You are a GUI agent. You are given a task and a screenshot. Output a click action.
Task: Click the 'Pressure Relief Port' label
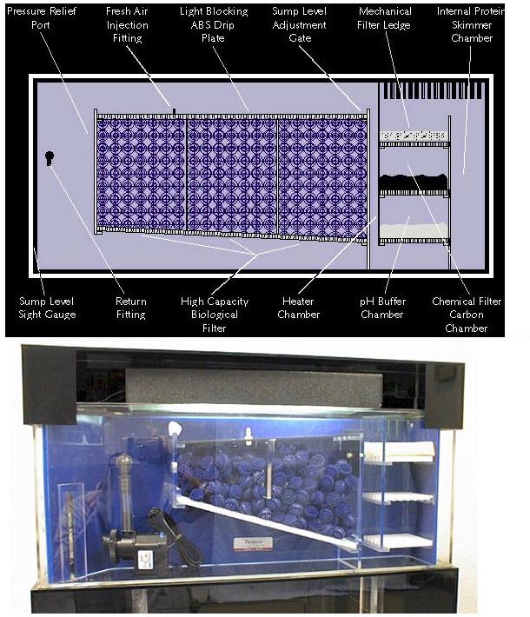click(x=42, y=18)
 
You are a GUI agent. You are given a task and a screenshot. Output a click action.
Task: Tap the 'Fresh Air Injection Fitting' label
click(x=127, y=25)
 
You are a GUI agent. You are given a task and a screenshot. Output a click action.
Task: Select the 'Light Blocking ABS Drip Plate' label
click(x=214, y=25)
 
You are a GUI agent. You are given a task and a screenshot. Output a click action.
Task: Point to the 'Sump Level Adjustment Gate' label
click(x=300, y=25)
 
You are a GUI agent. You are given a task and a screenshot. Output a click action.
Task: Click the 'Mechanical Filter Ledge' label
click(x=384, y=18)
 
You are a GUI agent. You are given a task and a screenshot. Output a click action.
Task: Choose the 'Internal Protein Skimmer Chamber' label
click(x=471, y=25)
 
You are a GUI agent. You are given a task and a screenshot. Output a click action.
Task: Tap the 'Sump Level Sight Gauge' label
click(x=47, y=308)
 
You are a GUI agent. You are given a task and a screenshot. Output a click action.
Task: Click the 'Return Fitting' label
click(x=131, y=308)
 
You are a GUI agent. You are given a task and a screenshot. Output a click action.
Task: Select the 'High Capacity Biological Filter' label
click(x=215, y=315)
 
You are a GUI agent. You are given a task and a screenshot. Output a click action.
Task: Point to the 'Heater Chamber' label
click(x=298, y=308)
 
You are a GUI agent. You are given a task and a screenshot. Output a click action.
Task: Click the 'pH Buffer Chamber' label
click(x=382, y=308)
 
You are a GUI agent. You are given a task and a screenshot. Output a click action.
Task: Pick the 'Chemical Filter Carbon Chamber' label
click(x=467, y=315)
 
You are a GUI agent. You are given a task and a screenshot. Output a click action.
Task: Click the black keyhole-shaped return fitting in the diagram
click(x=50, y=158)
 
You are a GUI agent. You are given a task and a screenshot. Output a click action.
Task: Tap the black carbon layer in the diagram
click(x=414, y=182)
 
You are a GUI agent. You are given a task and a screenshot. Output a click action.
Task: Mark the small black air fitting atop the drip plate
click(x=174, y=112)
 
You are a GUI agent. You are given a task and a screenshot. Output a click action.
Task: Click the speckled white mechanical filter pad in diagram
click(x=414, y=136)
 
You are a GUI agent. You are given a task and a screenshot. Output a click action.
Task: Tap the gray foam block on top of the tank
click(x=254, y=388)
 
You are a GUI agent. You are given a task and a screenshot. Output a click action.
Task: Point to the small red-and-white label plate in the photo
click(x=254, y=543)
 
